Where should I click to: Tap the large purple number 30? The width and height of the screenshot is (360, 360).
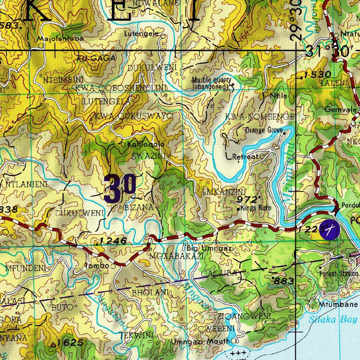[120, 189]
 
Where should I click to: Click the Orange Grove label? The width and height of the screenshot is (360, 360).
[264, 130]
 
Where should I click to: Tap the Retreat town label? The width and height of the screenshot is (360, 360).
[245, 157]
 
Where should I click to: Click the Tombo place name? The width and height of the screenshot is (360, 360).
[97, 266]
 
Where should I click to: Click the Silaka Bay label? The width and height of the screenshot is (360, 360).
[333, 320]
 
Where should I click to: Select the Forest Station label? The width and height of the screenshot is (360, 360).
[339, 273]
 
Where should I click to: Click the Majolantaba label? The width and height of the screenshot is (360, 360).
[62, 39]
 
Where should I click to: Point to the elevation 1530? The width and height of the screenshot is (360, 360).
[317, 74]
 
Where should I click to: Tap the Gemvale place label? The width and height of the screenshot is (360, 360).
[340, 109]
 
